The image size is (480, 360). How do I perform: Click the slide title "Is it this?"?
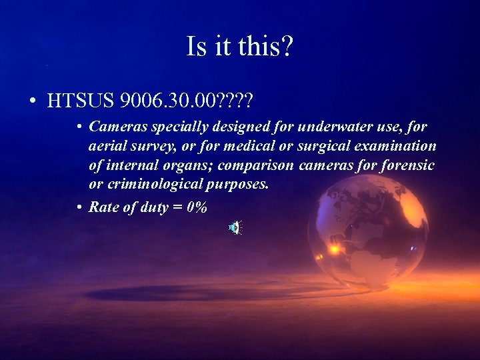(x=240, y=47)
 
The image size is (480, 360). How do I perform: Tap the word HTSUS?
(x=81, y=101)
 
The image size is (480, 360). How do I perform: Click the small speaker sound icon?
(x=235, y=228)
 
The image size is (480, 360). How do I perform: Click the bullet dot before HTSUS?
(x=32, y=102)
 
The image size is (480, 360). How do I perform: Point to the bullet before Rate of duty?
(x=79, y=207)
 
